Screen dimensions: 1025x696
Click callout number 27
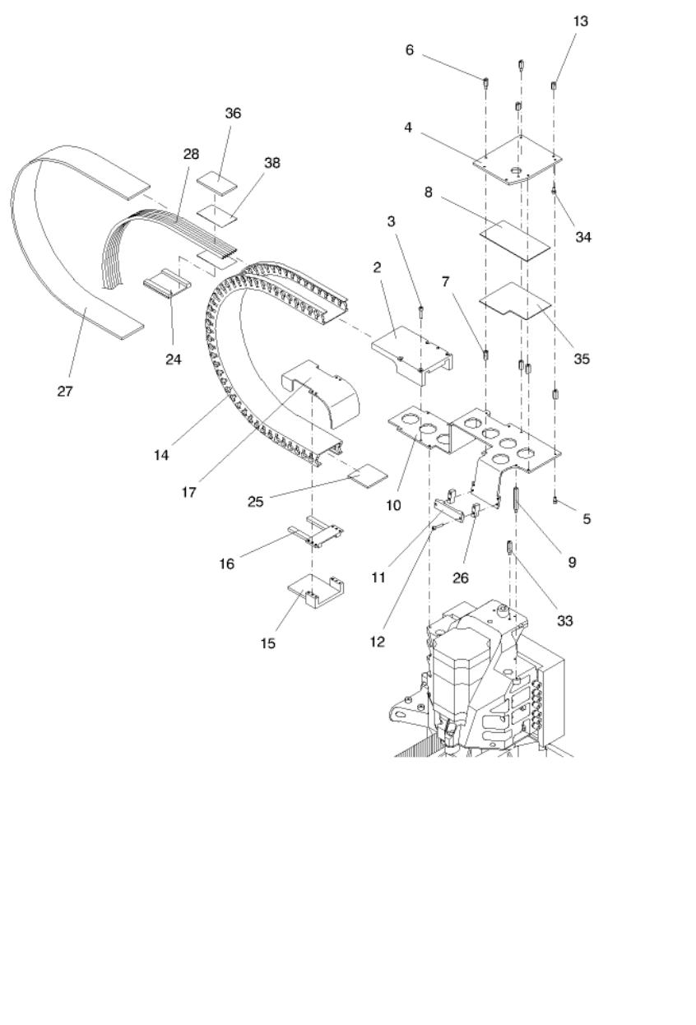pos(65,392)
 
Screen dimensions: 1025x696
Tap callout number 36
pos(234,114)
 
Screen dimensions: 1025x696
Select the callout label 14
pos(161,453)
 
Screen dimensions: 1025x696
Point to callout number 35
pos(582,359)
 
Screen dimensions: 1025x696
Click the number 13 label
pos(581,22)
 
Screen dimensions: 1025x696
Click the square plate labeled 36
pos(218,181)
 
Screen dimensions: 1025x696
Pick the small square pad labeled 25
pos(368,476)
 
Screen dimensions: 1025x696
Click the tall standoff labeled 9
pos(515,499)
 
